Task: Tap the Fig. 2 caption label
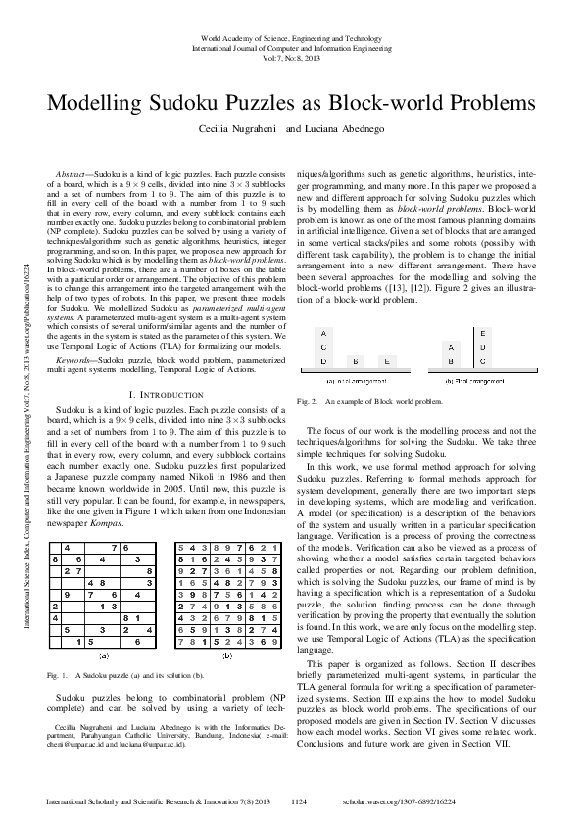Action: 307,401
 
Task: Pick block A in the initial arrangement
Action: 323,333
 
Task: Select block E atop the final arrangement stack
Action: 484,333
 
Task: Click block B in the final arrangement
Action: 451,361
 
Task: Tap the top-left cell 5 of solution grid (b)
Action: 180,546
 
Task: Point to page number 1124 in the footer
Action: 300,801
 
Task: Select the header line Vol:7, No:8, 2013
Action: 291,56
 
